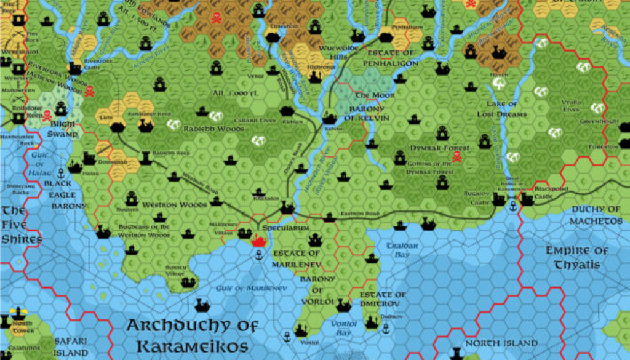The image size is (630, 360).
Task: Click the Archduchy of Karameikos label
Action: pyautogui.click(x=191, y=335)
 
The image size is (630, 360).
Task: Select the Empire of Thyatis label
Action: pyautogui.click(x=576, y=257)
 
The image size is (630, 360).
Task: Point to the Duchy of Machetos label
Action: pyautogui.click(x=595, y=215)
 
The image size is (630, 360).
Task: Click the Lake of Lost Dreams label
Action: pyautogui.click(x=506, y=109)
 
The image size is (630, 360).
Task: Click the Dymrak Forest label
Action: pyautogui.click(x=440, y=148)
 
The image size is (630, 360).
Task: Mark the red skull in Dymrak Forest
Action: pyautogui.click(x=457, y=158)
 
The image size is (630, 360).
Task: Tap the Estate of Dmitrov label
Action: pyautogui.click(x=383, y=299)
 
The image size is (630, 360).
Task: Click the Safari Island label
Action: pyautogui.click(x=70, y=346)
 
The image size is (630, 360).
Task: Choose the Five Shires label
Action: pyautogui.click(x=20, y=225)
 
